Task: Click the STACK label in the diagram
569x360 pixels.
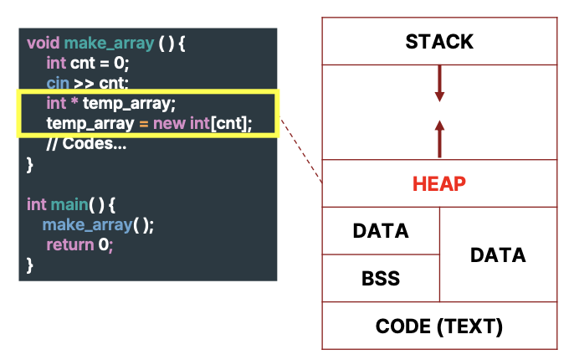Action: pyautogui.click(x=439, y=41)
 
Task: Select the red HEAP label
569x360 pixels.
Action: pyautogui.click(x=439, y=183)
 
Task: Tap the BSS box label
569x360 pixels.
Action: pyautogui.click(x=381, y=278)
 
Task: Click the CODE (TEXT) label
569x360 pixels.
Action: pyautogui.click(x=439, y=326)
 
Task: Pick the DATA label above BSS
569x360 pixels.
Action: pyautogui.click(x=381, y=231)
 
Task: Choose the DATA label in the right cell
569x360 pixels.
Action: pyautogui.click(x=498, y=255)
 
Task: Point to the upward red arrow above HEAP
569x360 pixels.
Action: pyautogui.click(x=439, y=136)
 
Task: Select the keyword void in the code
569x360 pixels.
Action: pyautogui.click(x=44, y=43)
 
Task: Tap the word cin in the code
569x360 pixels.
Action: pyautogui.click(x=58, y=84)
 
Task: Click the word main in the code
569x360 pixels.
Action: pyautogui.click(x=69, y=204)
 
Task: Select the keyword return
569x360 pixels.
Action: pyautogui.click(x=70, y=245)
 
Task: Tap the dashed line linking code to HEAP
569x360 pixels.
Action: pyautogui.click(x=302, y=151)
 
